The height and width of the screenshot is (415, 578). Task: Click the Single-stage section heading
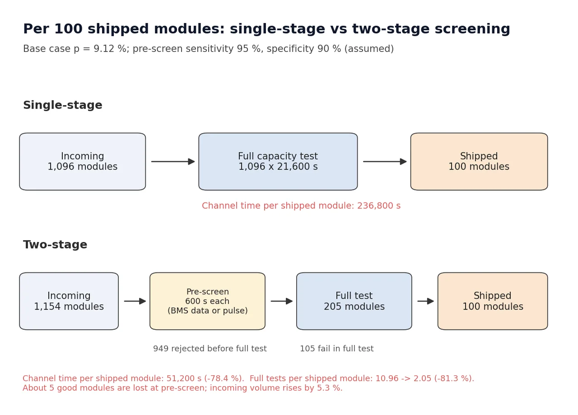[63, 105]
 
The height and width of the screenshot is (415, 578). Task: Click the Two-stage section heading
[55, 244]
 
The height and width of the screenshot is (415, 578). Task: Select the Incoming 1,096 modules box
[83, 161]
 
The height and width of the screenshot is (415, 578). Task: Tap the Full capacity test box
[278, 161]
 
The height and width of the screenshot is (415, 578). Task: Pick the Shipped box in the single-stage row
[479, 161]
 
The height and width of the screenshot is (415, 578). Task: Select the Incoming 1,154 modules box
[69, 301]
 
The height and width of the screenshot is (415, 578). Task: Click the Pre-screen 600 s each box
[207, 301]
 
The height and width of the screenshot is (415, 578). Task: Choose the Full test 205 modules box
[354, 301]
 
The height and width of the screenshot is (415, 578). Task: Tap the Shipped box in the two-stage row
[493, 301]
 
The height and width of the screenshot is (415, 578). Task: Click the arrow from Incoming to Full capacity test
[173, 161]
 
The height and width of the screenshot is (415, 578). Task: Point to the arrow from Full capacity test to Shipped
[385, 161]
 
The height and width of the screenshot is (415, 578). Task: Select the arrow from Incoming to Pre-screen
[135, 301]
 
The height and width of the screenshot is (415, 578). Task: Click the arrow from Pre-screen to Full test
[281, 301]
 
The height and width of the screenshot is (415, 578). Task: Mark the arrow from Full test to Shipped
[425, 301]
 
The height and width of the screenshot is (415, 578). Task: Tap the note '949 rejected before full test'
[210, 349]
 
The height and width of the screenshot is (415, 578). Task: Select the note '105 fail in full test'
[337, 349]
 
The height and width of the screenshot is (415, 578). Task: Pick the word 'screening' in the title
[472, 29]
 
